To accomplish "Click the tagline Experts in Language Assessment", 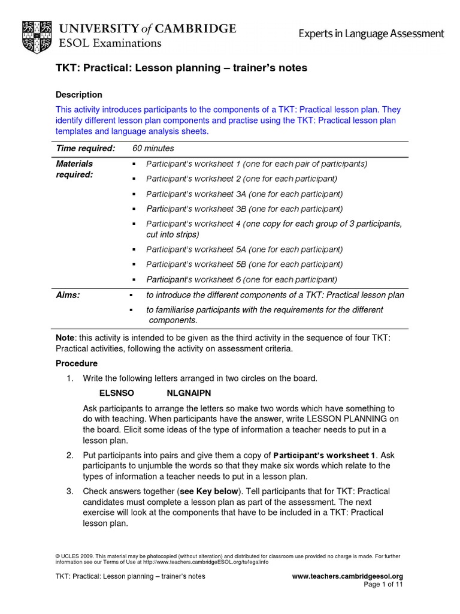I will tap(371, 34).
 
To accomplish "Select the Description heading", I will tap(78, 95).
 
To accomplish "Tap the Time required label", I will tap(85, 148).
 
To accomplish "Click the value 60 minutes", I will tap(153, 148).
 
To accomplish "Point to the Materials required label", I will tap(74, 168).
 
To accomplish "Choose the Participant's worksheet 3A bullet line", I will tap(244, 194).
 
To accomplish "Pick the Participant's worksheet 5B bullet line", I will tap(244, 264).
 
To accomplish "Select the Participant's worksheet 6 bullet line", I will tap(242, 279).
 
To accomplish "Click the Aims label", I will tap(68, 295).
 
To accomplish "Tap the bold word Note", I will tap(65, 338).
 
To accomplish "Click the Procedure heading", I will tap(77, 363).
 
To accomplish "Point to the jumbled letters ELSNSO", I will tap(116, 393).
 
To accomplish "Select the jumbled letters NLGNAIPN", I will tap(188, 393).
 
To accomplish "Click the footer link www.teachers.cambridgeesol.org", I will tap(347, 576).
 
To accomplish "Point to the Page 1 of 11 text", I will tap(384, 585).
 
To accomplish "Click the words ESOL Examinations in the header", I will tap(110, 43).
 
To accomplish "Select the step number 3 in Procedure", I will tap(69, 491).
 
